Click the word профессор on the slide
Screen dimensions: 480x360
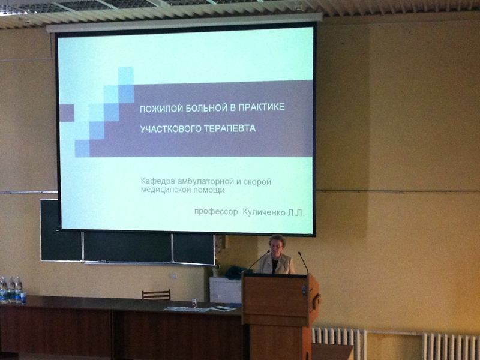point(216,212)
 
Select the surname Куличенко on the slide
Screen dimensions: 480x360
point(264,212)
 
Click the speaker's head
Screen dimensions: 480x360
point(277,245)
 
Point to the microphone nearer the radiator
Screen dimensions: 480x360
point(303,262)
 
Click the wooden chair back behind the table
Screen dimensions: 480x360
point(156,295)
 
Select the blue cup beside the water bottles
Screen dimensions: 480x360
point(23,298)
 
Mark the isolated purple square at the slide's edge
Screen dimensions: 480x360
point(67,113)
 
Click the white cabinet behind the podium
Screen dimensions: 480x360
point(226,290)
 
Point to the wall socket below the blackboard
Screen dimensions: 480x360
point(174,276)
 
